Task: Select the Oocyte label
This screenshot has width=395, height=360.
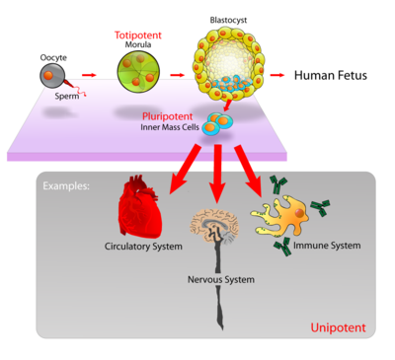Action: (54, 56)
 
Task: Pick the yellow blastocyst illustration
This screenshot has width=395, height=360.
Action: (225, 65)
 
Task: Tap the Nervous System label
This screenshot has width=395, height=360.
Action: (220, 280)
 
